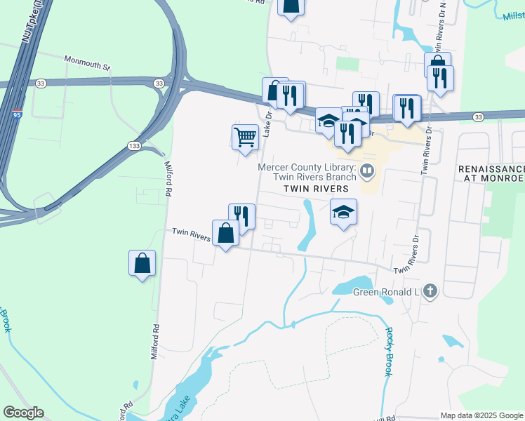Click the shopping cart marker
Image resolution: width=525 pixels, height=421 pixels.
coord(245,138)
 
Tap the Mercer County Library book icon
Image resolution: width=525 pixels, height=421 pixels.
coord(367,171)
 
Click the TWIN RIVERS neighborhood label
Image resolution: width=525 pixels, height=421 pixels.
coord(316,189)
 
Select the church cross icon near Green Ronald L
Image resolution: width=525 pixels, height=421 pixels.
coord(430,291)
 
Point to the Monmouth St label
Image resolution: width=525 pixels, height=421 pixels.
coord(88,62)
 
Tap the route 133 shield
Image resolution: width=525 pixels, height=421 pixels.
coord(133,145)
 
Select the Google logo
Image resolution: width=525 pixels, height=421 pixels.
coord(23,413)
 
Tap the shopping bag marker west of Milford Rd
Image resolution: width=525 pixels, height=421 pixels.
coord(142,264)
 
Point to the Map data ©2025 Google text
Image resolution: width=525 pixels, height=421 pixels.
coord(481,415)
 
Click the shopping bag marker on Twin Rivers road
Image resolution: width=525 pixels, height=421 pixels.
coord(225,233)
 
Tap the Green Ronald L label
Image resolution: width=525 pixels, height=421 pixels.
coord(385,292)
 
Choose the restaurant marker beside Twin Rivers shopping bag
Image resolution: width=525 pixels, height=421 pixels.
coord(241,217)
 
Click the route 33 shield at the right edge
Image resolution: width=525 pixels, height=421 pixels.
coord(479,116)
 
